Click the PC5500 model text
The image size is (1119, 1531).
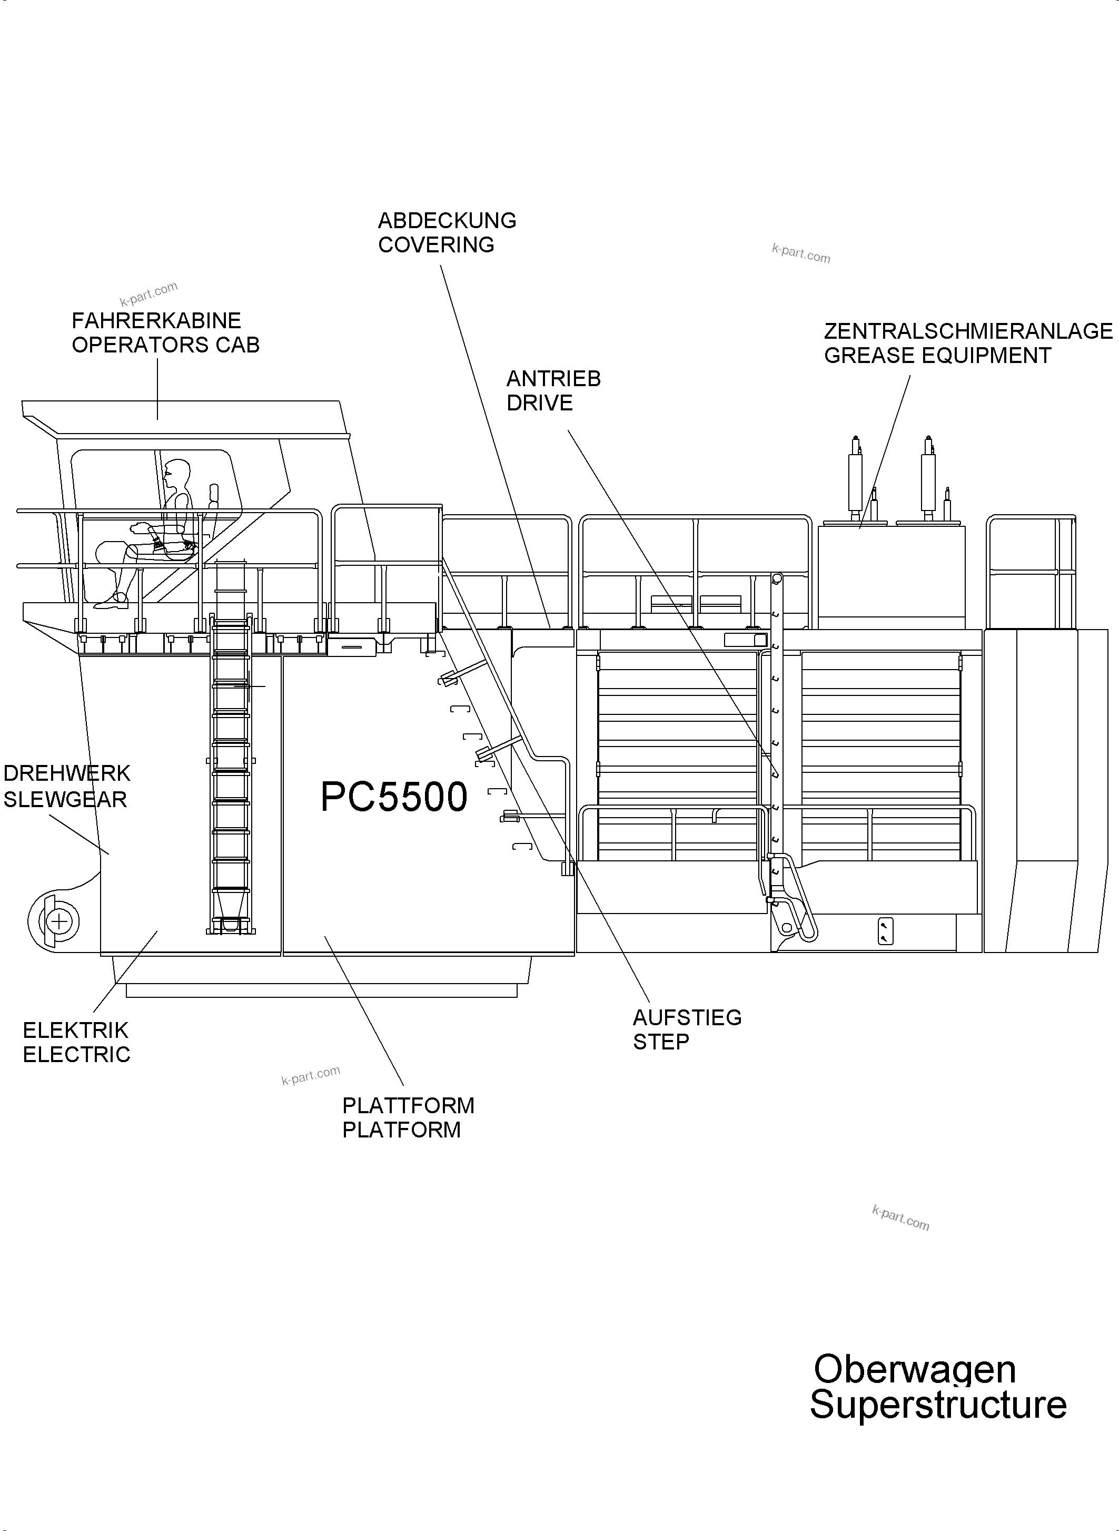[x=393, y=797]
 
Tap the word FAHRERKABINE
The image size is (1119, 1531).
[x=156, y=320]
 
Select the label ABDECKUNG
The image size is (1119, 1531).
[x=447, y=221]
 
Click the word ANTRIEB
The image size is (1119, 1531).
[x=553, y=379]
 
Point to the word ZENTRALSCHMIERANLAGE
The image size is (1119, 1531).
[x=968, y=331]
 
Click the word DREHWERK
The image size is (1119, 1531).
[x=66, y=773]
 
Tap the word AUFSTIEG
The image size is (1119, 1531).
[x=687, y=1017]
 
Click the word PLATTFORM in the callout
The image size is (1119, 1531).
[x=408, y=1105]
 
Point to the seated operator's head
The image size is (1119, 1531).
[x=177, y=473]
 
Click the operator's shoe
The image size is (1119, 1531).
[x=111, y=600]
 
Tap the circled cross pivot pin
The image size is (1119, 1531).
[x=60, y=921]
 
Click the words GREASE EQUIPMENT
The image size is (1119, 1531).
[x=937, y=356]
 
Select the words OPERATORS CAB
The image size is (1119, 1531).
[x=166, y=345]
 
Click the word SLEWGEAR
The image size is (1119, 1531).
[x=65, y=800]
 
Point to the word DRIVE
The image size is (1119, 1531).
[x=539, y=403]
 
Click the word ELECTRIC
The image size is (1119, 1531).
[x=76, y=1055]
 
